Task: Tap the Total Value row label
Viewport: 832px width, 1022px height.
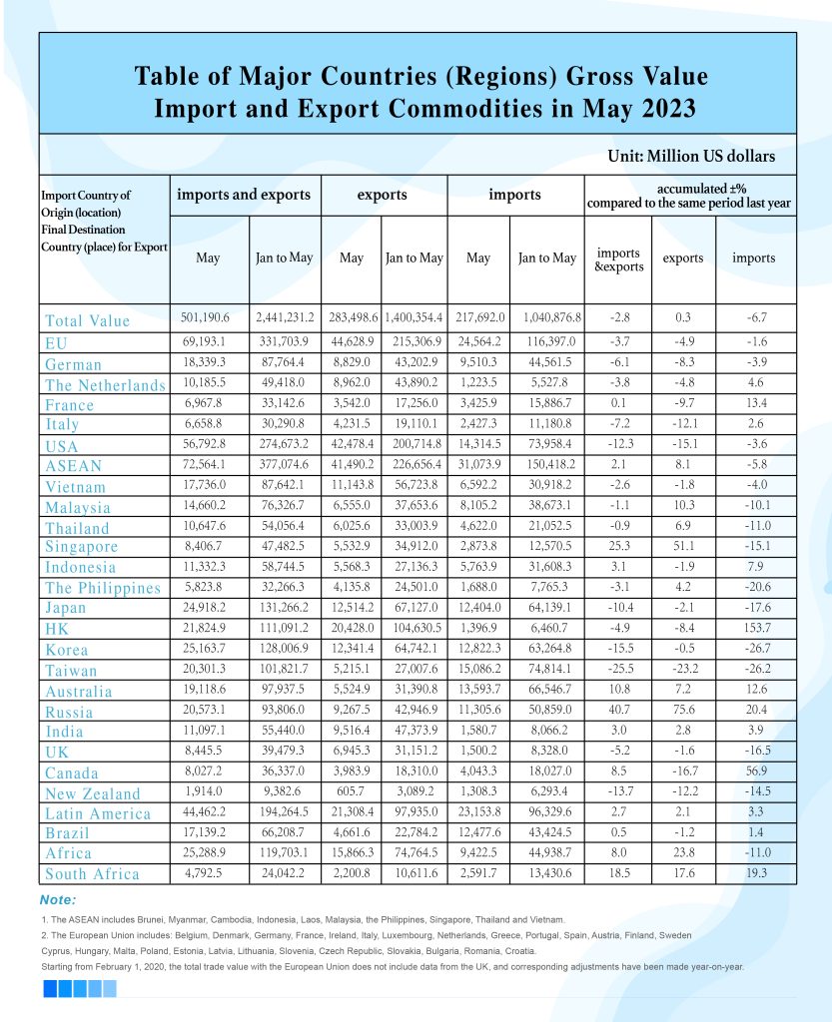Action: tap(88, 321)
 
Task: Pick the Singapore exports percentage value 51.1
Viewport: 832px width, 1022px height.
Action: tap(683, 545)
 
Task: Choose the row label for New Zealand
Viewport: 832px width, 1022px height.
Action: tap(93, 793)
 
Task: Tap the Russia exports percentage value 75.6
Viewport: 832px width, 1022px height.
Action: tap(683, 711)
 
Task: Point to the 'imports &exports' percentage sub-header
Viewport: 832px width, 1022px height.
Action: tap(618, 259)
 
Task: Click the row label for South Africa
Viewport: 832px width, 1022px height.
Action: tap(92, 874)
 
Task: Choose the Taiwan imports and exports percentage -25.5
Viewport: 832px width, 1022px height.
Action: tap(618, 669)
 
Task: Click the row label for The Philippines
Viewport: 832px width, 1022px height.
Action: tap(103, 588)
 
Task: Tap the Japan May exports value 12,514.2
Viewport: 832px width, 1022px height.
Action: tap(352, 606)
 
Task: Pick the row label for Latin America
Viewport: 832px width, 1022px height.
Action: tap(98, 813)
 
